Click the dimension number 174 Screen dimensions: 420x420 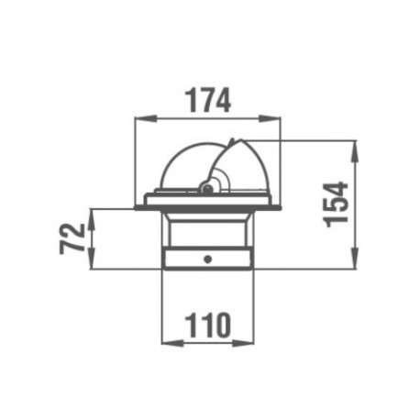tap(208, 100)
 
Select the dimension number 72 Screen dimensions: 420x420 tap(72, 238)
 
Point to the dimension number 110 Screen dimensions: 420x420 tap(208, 325)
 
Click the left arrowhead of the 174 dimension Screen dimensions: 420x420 tap(146, 118)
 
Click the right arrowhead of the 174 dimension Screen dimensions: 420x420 tap(270, 118)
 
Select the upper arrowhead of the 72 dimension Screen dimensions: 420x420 tap(92, 219)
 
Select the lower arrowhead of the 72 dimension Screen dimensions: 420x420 tap(92, 259)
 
